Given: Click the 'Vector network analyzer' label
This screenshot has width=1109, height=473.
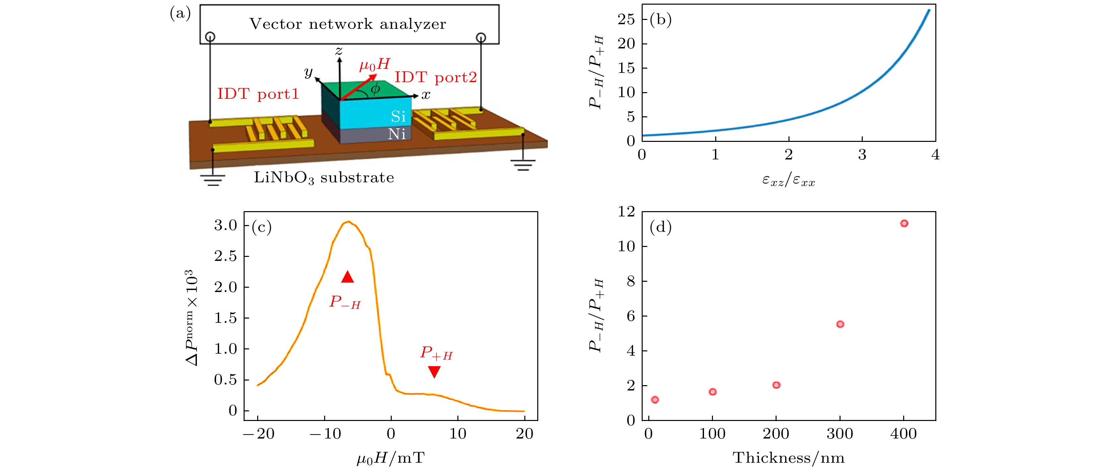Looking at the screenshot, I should tap(348, 24).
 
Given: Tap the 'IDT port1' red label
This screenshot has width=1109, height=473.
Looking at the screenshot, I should tap(258, 94).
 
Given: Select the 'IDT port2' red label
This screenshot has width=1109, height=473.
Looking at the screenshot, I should tap(436, 78).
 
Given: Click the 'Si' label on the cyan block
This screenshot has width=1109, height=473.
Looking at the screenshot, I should tap(398, 116).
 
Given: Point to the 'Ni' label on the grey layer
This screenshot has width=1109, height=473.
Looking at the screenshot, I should tap(396, 134).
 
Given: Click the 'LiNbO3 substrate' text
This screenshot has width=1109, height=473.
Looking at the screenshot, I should tap(324, 178).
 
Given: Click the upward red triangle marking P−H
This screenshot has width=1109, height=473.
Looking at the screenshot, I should tap(347, 277).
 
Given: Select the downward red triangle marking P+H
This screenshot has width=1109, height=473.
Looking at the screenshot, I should tap(435, 372).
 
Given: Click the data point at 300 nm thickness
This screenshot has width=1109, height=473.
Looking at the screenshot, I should tap(840, 324).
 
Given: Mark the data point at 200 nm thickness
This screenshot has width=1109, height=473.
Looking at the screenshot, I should tap(776, 385).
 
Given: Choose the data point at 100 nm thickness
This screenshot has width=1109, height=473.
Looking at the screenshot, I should tap(713, 392).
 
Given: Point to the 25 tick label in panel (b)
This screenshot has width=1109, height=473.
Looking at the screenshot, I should tap(626, 19).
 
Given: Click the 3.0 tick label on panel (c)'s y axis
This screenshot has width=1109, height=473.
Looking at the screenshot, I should tap(226, 225).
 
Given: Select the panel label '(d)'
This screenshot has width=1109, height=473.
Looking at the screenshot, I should tap(661, 227).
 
